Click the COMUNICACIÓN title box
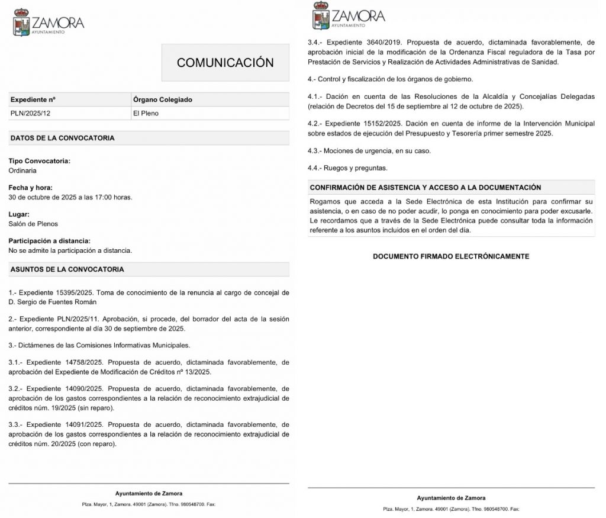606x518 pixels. tap(225, 63)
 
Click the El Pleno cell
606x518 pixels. tap(146, 113)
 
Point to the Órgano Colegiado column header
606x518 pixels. tap(162, 99)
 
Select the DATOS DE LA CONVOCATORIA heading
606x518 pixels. tap(62, 138)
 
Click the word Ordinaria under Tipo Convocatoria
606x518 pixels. tap(22, 170)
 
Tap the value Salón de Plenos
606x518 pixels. tap(33, 224)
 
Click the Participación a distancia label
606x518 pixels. tap(50, 241)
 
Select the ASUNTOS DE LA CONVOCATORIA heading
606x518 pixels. tap(67, 269)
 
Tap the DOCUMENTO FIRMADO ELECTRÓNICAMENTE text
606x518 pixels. tap(451, 256)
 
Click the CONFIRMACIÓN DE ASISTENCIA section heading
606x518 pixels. tap(425, 188)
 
